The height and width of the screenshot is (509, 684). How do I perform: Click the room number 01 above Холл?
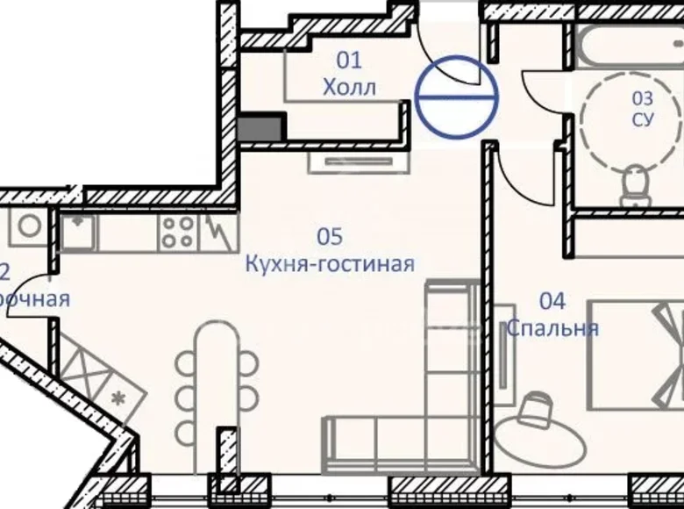coord(350,61)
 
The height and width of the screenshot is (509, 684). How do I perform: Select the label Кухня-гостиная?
coord(330,264)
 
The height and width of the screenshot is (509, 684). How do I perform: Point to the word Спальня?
coord(552,329)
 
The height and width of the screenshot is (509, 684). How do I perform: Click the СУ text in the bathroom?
coord(643,119)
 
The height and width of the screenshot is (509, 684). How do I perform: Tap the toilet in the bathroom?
coord(633,184)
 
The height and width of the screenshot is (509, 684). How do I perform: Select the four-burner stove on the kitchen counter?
coord(177,232)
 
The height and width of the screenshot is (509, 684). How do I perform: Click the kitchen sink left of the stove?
coord(79,232)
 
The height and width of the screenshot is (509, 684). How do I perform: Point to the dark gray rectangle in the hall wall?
coord(260,128)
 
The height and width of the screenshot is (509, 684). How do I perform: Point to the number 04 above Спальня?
coord(552,302)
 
